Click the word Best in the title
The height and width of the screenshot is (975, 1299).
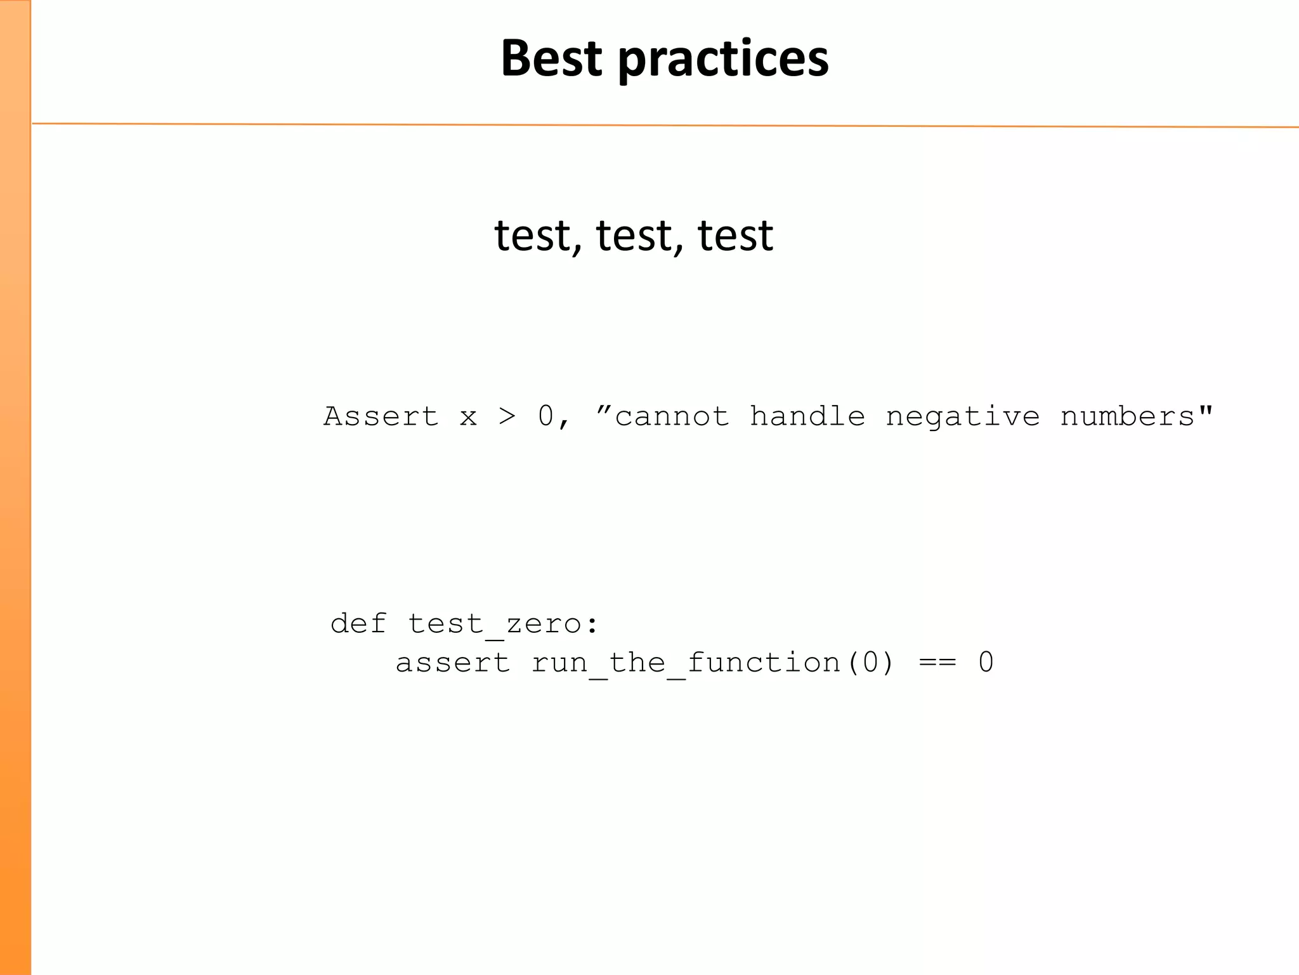551,58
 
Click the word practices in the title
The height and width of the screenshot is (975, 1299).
723,58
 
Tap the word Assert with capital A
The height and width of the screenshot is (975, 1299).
381,417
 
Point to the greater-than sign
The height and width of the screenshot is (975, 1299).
507,417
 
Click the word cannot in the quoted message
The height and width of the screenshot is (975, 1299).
672,417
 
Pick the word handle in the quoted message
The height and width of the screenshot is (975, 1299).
807,417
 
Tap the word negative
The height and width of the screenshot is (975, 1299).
963,417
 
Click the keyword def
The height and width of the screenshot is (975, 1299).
358,623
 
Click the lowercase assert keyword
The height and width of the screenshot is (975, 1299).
453,663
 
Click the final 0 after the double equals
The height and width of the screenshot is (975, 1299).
986,663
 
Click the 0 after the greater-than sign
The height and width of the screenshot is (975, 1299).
545,417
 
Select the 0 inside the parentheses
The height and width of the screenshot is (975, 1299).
870,663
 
